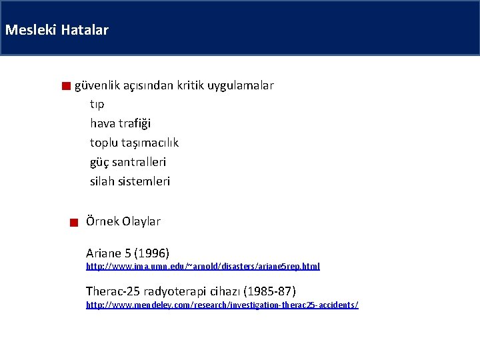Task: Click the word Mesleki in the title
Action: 31,30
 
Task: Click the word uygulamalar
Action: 241,85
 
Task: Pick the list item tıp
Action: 97,105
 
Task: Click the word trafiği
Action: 135,123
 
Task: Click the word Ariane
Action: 104,253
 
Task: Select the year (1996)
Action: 151,253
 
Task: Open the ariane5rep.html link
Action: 203,266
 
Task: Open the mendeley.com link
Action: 222,305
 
